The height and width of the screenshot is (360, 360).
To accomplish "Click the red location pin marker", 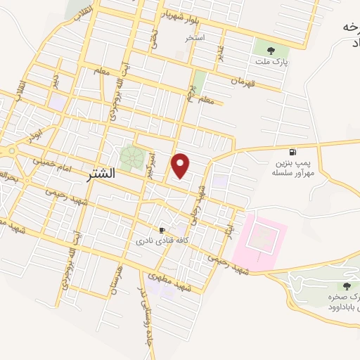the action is [181, 165].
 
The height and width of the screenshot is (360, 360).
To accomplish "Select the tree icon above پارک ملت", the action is [271, 50].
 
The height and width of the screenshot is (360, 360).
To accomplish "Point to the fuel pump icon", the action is [292, 152].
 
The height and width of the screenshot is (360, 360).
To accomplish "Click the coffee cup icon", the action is [162, 230].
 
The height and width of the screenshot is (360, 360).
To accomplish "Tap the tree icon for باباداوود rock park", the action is [346, 285].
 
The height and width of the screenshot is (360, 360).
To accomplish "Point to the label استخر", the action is [195, 37].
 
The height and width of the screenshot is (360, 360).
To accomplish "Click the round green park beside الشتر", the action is [131, 157].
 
